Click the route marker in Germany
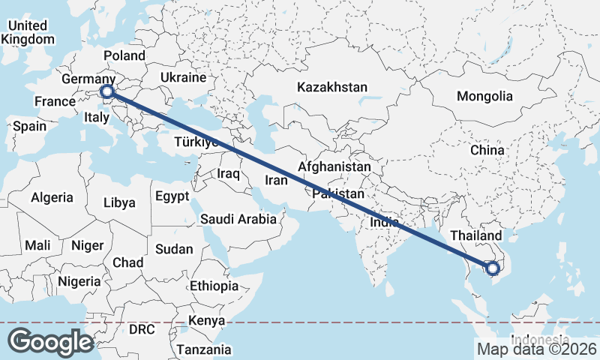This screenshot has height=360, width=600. tap(107, 92)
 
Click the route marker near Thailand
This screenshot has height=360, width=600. tap(492, 268)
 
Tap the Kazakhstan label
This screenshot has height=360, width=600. tap(332, 87)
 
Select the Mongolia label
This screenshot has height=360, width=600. tap(484, 96)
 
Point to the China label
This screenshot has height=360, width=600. tap(487, 150)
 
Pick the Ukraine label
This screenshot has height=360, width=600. tap(183, 77)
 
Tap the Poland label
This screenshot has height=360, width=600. tap(124, 55)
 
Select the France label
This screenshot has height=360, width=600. tap(55, 101)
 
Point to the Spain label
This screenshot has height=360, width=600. tap(29, 126)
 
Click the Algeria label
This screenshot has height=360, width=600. tap(52, 198)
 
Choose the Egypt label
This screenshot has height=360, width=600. tap(172, 196)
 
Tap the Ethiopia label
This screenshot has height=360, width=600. tap(214, 286)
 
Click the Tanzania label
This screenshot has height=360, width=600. tap(204, 349)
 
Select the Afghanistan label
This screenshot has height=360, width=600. tap(334, 166)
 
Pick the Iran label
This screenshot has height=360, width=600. tap(277, 181)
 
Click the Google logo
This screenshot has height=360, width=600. tap(50, 341)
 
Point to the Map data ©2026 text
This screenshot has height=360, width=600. tap(536, 349)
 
